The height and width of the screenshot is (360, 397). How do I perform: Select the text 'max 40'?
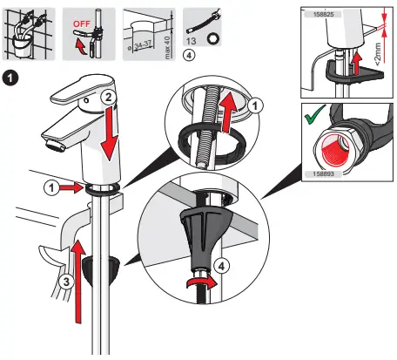tap(166, 37)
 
